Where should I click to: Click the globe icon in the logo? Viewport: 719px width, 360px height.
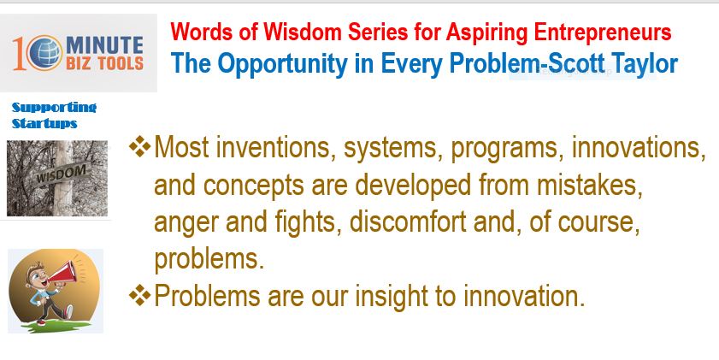pyautogui.click(x=44, y=53)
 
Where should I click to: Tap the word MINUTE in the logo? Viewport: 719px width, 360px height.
pyautogui.click(x=104, y=45)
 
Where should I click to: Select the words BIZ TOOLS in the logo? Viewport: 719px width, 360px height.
pyautogui.click(x=104, y=63)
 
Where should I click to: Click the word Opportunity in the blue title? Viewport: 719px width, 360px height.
pyautogui.click(x=282, y=64)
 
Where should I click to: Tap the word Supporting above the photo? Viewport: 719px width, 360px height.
pyautogui.click(x=54, y=108)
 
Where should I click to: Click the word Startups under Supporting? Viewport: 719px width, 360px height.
pyautogui.click(x=44, y=123)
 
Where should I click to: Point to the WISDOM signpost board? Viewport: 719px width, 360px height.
pyautogui.click(x=61, y=174)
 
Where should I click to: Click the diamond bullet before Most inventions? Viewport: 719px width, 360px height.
pyautogui.click(x=140, y=147)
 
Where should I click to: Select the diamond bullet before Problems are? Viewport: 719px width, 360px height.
pyautogui.click(x=140, y=295)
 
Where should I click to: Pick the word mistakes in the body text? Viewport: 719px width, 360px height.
pyautogui.click(x=590, y=186)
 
